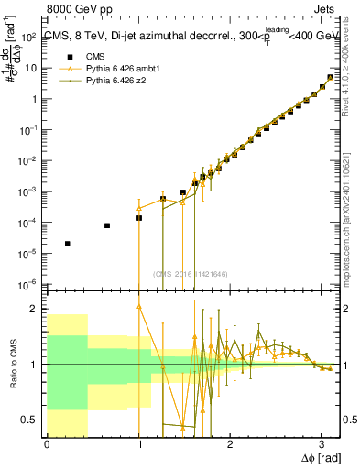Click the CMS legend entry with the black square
pyautogui.click(x=89, y=57)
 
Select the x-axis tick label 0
pyautogui.click(x=47, y=443)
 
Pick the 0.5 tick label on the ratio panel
pyautogui.click(x=30, y=420)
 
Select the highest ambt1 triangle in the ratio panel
pyautogui.click(x=139, y=306)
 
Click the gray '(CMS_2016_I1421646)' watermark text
pyautogui.click(x=191, y=272)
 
